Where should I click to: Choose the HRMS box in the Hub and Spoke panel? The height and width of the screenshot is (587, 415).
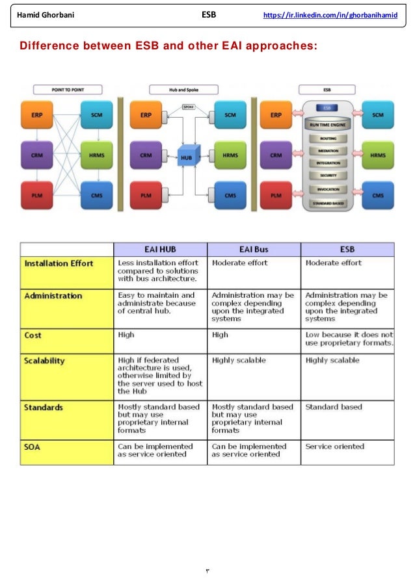tap(230, 156)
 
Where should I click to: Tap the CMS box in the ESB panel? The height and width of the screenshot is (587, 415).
tap(377, 195)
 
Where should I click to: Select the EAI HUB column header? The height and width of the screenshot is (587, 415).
tap(160, 249)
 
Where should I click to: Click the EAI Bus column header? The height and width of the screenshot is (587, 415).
tap(254, 249)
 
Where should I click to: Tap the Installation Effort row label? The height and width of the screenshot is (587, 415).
tap(59, 263)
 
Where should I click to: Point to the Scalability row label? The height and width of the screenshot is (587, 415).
tap(44, 359)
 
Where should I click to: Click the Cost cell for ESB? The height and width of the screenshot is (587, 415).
tap(349, 339)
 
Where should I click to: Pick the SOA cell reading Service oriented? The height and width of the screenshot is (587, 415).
tap(334, 447)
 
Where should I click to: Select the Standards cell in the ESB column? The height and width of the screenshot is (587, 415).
tap(333, 407)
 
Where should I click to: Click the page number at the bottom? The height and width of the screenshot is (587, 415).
tap(208, 571)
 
